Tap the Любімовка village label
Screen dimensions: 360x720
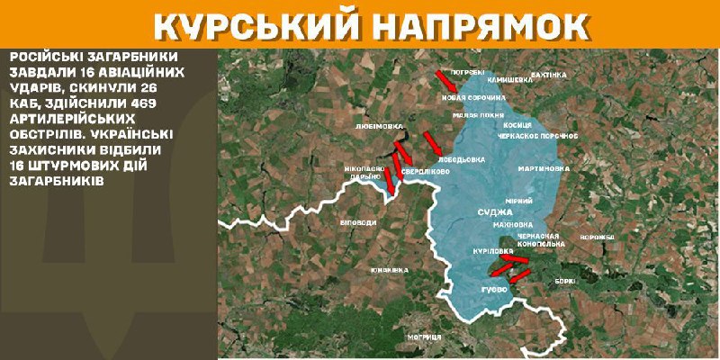pos(379,128)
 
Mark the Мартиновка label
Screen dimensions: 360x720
pos(544,168)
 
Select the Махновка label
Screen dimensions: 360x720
pos(515,224)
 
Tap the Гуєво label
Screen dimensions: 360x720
pos(495,291)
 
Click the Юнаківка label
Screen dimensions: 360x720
pos(389,269)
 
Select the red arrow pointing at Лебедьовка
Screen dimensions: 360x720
pos(432,142)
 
